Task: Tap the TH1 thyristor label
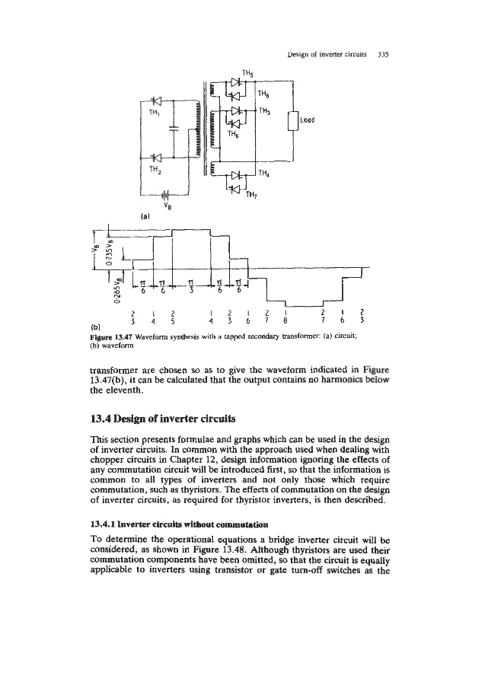tap(154, 110)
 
